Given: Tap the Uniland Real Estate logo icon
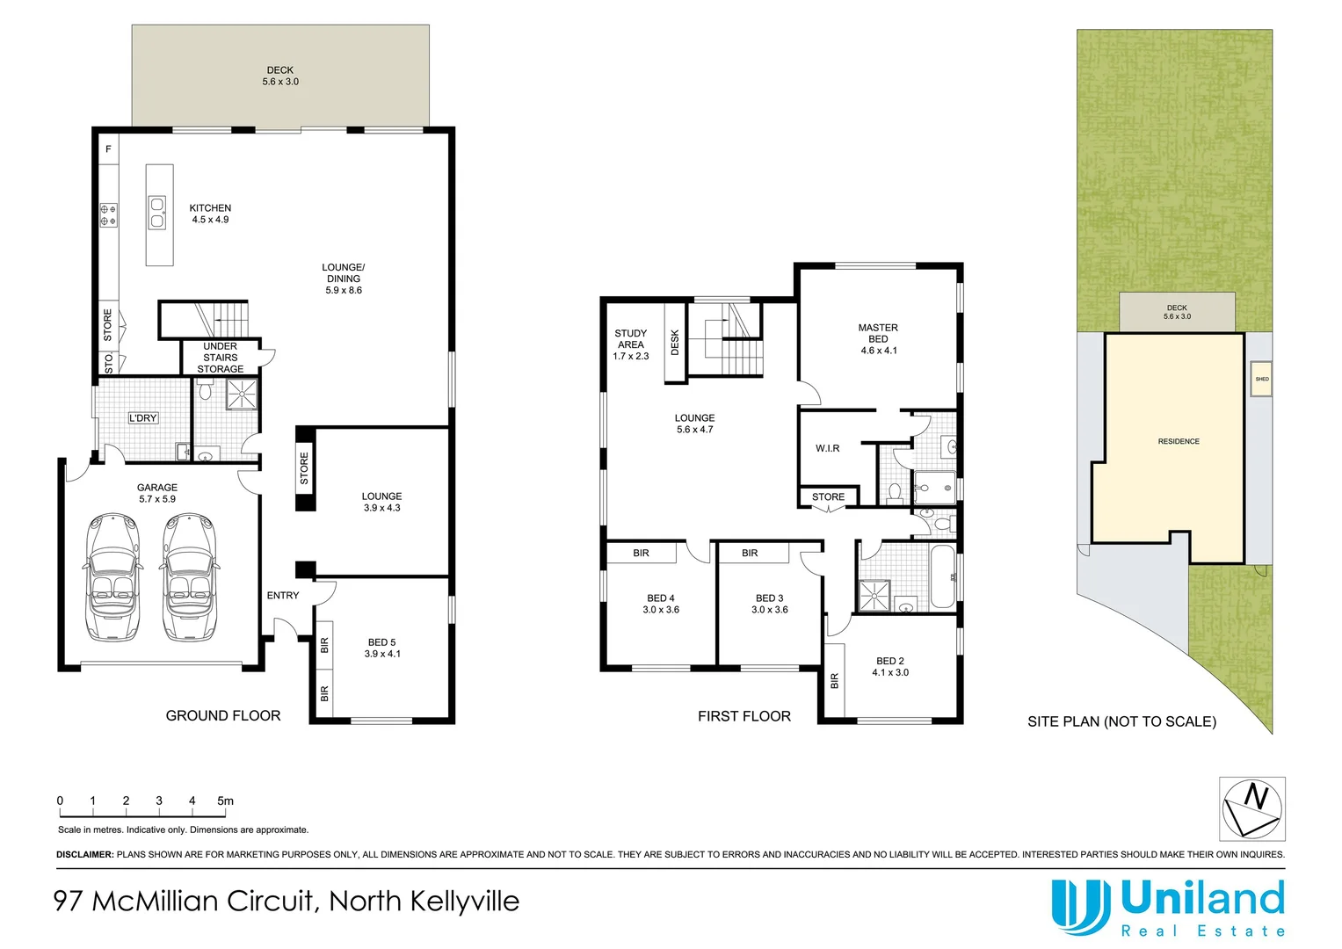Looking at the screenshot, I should click(x=1080, y=906).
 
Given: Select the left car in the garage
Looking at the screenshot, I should click(x=112, y=577).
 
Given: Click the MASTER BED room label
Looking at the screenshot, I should click(x=878, y=338).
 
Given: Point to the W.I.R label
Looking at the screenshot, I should click(x=827, y=448).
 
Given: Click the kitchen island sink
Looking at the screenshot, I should click(x=157, y=213).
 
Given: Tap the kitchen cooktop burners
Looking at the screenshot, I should click(x=108, y=215).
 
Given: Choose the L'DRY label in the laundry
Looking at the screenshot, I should click(x=142, y=418).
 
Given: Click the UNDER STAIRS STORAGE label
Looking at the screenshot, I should click(x=220, y=358).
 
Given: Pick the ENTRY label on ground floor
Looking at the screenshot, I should click(x=282, y=596).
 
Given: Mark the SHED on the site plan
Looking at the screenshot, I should click(x=1261, y=379).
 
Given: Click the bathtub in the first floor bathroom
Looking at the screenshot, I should click(x=941, y=576).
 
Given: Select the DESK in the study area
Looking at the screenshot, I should click(x=675, y=342).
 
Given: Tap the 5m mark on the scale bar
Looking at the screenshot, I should click(x=225, y=801).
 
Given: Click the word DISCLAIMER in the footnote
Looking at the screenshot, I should click(x=85, y=854).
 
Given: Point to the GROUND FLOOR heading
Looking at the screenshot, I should click(x=223, y=716).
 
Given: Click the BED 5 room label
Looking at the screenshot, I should click(x=381, y=648).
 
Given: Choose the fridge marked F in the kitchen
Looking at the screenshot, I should click(x=108, y=149).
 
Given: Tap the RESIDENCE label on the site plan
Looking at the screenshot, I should click(x=1178, y=441).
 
